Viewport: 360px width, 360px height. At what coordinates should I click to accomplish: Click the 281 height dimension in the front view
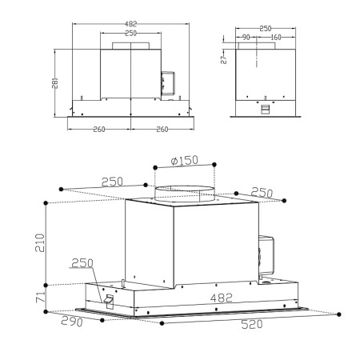[x=56, y=82]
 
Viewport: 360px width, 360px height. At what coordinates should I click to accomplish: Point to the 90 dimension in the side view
[x=247, y=37]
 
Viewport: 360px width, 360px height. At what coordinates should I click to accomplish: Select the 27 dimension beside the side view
[x=224, y=58]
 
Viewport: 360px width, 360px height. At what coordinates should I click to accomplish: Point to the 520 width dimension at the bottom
[x=253, y=325]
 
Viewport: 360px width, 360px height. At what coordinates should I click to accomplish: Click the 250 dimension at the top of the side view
[x=265, y=28]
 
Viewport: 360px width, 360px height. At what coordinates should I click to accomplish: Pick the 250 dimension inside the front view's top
[x=130, y=34]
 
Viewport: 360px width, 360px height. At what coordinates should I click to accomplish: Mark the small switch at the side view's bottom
[x=265, y=108]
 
